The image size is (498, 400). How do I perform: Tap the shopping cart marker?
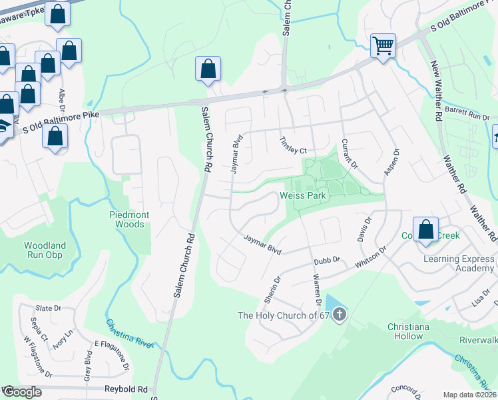coord(383,46)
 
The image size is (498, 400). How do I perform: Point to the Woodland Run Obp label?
coord(45,250)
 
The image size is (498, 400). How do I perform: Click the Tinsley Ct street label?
coord(293,146)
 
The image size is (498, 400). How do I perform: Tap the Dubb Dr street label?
coord(328,259)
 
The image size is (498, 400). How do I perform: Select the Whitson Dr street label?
coord(371,258)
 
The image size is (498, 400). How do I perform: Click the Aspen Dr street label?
coord(391,162)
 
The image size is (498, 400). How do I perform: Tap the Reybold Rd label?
coord(125,389)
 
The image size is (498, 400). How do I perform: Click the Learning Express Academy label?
coord(457,263)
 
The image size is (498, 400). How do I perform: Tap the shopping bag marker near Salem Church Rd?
coord(208,68)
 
